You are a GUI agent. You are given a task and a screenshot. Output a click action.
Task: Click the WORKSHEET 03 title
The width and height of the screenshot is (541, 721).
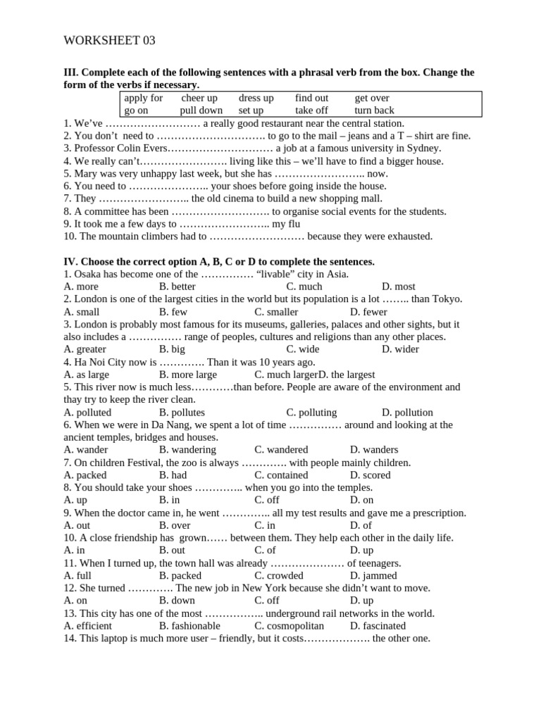click(109, 41)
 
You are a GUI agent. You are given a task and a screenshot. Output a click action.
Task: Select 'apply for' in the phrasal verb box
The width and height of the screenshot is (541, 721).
click(143, 98)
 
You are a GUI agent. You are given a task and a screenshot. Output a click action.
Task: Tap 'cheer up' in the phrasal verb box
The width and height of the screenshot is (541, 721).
click(199, 98)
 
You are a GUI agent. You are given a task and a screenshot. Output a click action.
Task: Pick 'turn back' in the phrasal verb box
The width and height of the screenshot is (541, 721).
click(374, 110)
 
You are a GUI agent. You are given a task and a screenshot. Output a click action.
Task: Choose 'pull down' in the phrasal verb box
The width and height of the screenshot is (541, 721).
click(201, 110)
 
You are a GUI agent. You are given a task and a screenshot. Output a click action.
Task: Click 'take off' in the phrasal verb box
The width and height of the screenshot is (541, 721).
click(311, 110)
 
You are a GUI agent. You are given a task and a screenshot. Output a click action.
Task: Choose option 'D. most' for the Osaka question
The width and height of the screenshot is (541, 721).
click(398, 287)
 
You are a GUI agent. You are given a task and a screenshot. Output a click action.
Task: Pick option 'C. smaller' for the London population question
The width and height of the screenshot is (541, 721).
click(276, 312)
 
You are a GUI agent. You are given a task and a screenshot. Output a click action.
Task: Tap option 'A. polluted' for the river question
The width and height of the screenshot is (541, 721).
click(87, 413)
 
